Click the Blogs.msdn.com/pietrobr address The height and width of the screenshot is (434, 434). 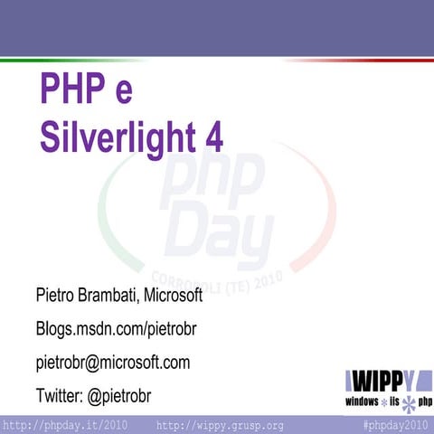[116, 329]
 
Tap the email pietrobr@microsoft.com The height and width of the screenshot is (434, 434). [113, 363]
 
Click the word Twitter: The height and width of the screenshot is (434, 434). [63, 396]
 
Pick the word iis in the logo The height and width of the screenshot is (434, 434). [394, 401]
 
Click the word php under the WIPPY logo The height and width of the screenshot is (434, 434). [423, 401]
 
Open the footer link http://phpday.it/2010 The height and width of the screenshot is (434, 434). [65, 425]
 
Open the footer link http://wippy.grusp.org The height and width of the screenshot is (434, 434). [221, 425]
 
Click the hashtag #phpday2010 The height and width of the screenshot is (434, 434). [395, 425]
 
